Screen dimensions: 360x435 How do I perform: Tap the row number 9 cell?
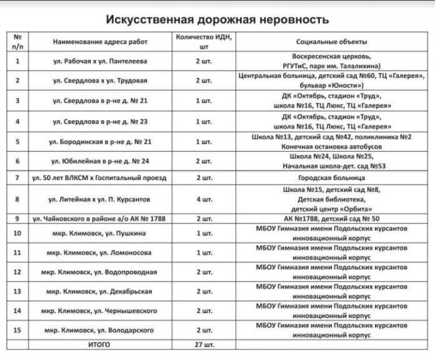(17, 219)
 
